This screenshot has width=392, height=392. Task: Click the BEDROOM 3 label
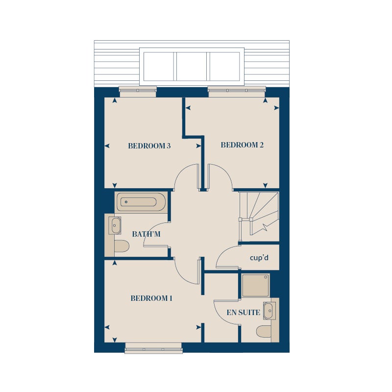pyautogui.click(x=149, y=146)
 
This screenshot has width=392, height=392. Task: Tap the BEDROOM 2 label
pyautogui.click(x=242, y=145)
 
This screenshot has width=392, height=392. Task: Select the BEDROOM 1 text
pyautogui.click(x=151, y=298)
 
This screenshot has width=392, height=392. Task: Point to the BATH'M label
pyautogui.click(x=146, y=234)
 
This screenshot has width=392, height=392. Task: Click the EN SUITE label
pyautogui.click(x=243, y=312)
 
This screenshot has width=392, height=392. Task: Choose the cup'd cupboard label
pyautogui.click(x=259, y=258)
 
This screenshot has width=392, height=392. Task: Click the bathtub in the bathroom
pyautogui.click(x=141, y=202)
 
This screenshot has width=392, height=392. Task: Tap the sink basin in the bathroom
pyautogui.click(x=115, y=225)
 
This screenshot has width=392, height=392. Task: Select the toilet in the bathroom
pyautogui.click(x=122, y=246)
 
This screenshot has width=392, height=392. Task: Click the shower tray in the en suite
pyautogui.click(x=255, y=285)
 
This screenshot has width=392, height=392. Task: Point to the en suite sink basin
pyautogui.click(x=269, y=311)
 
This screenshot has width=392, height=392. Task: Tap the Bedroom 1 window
pyautogui.click(x=153, y=348)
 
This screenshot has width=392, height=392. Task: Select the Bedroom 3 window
pyautogui.click(x=138, y=92)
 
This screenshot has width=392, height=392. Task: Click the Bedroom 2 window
pyautogui.click(x=237, y=92)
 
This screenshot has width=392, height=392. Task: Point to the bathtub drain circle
pyautogui.click(x=126, y=202)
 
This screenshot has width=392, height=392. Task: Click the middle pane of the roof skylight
pyautogui.click(x=192, y=66)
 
